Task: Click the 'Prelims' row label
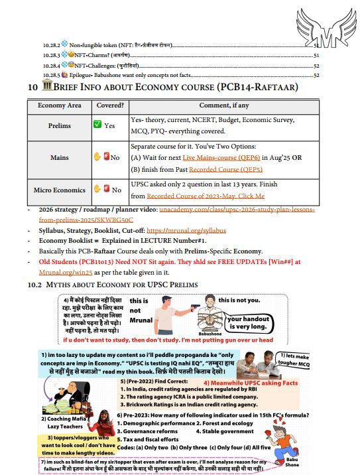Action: click(60, 125)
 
